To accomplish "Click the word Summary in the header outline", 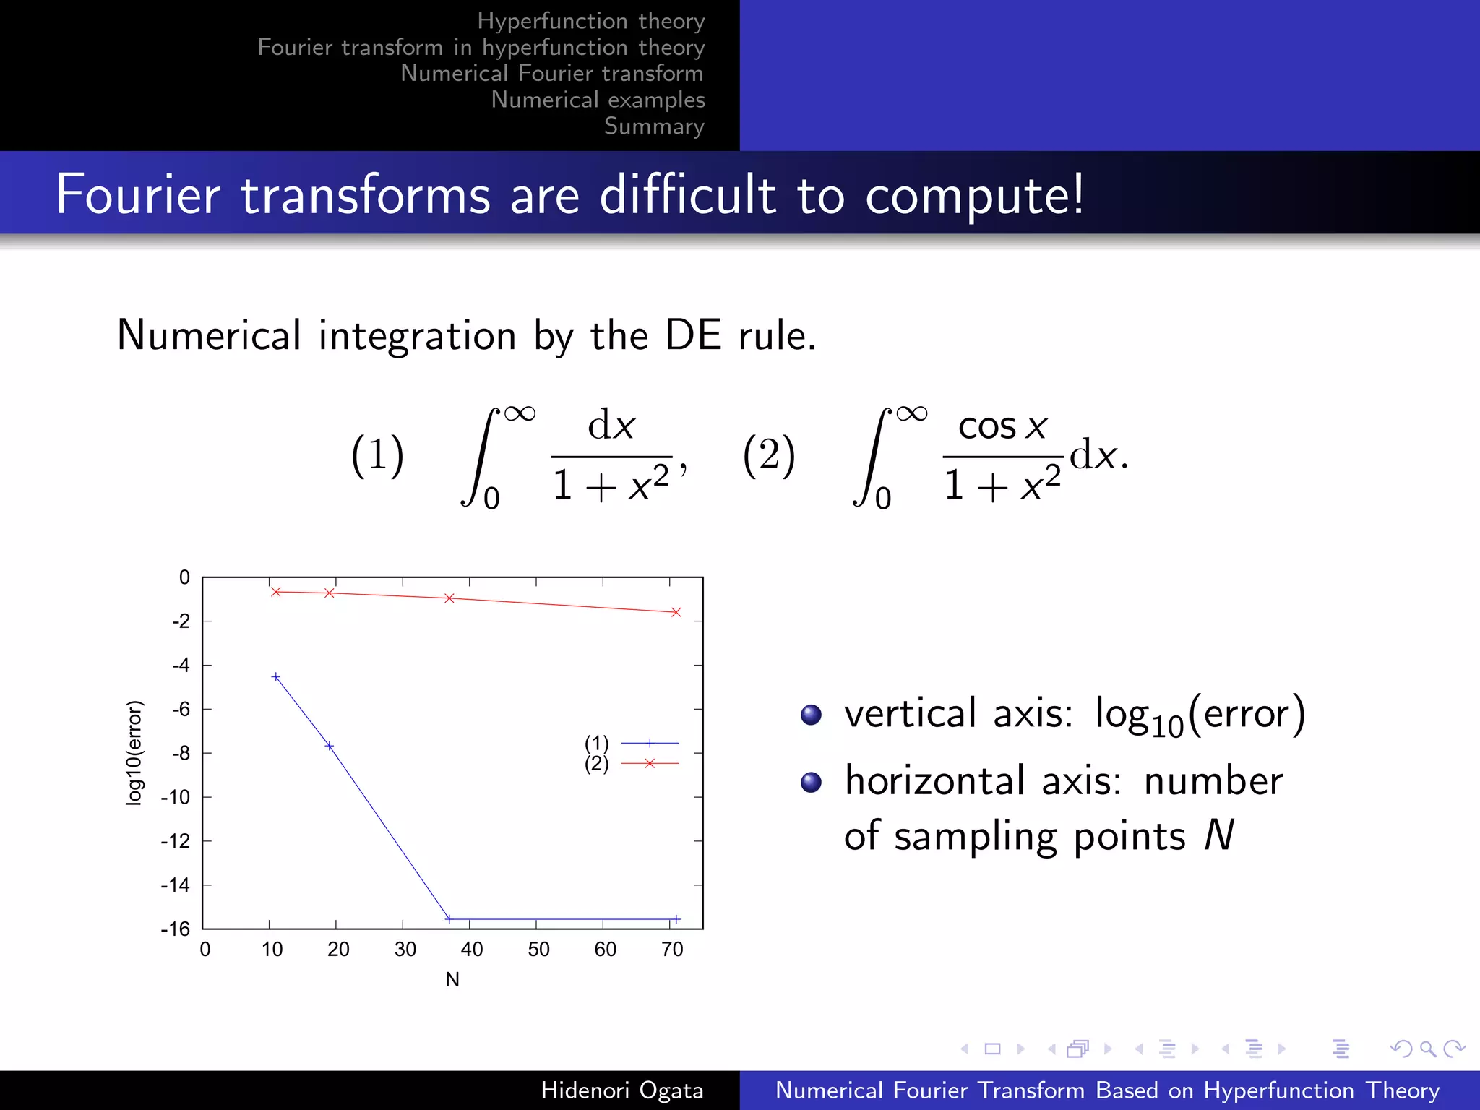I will pos(654,126).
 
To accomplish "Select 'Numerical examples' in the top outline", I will pos(598,100).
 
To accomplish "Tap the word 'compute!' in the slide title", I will pos(974,194).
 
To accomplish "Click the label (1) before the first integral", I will pos(377,455).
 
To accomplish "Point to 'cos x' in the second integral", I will pos(1002,426).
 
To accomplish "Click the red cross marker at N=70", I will pos(676,612).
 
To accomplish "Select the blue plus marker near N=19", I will pos(330,746).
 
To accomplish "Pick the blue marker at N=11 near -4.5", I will pos(275,677).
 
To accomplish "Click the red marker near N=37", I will pos(449,598).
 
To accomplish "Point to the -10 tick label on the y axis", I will pos(176,797).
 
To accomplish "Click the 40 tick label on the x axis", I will pos(472,950).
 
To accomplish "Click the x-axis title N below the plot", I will pos(452,979).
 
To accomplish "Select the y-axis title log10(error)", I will pos(134,752).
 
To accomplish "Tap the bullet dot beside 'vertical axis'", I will pos(811,715).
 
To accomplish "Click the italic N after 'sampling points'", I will pos(1219,835).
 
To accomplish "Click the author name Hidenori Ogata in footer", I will pos(621,1090).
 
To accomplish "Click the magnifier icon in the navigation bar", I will pos(1427,1049).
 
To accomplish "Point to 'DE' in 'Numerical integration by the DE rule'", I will pos(692,335).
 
